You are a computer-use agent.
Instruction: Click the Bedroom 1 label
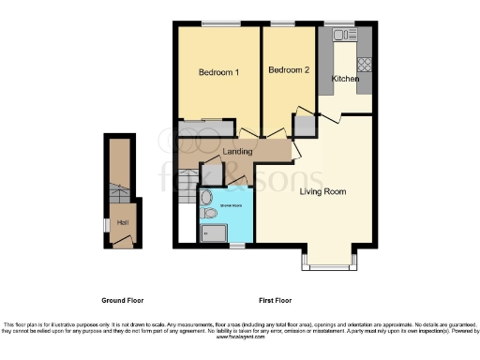pyautogui.click(x=218, y=72)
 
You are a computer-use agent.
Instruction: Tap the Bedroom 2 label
pyautogui.click(x=288, y=70)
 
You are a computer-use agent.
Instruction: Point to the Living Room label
pyautogui.click(x=322, y=192)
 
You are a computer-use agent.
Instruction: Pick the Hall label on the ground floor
pyautogui.click(x=123, y=222)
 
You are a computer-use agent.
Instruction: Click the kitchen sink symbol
pyautogui.click(x=341, y=35)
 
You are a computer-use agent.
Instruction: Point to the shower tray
pyautogui.click(x=211, y=233)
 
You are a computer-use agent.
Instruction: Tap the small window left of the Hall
pyautogui.click(x=105, y=225)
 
